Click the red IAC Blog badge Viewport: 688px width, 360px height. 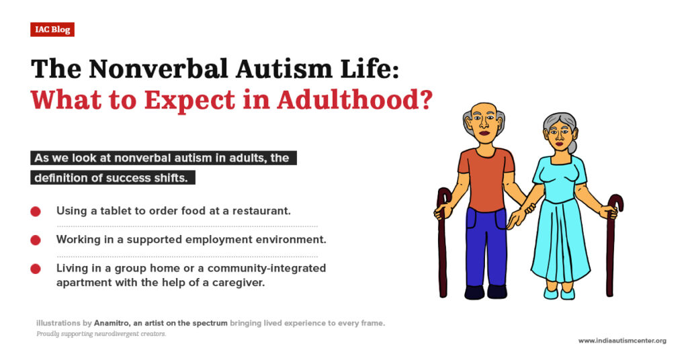point(52,30)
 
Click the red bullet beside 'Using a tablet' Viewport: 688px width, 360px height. point(36,211)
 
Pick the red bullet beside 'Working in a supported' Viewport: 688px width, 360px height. point(36,240)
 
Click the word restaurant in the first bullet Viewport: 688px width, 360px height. point(260,211)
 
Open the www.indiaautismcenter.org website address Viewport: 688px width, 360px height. point(622,341)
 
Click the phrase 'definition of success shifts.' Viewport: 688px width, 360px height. point(114,178)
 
